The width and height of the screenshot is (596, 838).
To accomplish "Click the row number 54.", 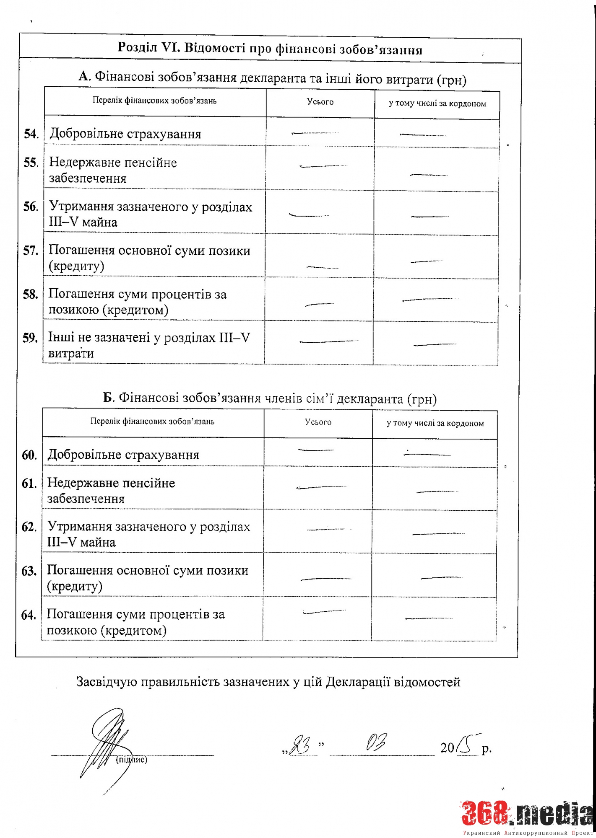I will point(31,134).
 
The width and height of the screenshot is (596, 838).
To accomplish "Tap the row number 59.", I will point(30,338).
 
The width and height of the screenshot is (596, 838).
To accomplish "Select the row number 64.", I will point(29,615).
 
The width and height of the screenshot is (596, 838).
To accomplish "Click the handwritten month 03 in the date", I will point(377,743).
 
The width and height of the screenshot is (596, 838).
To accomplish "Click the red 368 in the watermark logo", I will point(487,813).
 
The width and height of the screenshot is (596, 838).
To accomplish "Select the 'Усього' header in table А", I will point(320,102).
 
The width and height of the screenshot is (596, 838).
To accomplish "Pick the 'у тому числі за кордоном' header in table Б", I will point(435,423).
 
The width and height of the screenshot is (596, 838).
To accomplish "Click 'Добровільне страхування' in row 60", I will point(123,455).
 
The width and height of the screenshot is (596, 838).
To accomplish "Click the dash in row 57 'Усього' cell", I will point(322,267).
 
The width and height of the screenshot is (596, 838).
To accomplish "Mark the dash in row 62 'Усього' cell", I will point(326,529).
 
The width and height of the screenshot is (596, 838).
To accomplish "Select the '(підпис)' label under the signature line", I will point(131,760).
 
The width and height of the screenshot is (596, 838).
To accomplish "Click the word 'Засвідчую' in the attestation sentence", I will point(107,682).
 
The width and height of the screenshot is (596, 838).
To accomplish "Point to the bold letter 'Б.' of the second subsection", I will point(109,397).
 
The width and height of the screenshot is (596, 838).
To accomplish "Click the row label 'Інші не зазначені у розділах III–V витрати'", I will point(149,345).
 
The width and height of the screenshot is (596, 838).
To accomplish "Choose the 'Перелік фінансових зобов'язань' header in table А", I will point(154,101).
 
